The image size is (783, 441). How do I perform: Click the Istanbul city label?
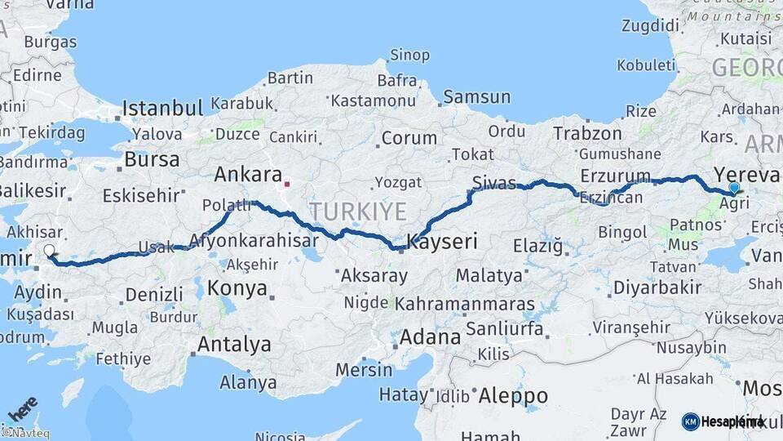(162, 108)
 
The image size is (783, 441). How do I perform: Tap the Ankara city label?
(247, 175)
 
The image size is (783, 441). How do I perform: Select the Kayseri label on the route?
(441, 242)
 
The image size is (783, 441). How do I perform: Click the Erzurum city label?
(616, 176)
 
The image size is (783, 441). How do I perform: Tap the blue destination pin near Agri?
(734, 189)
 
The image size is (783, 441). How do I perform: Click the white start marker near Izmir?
(49, 252)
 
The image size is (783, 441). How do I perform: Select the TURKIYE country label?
(357, 212)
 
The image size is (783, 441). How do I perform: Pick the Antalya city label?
(234, 345)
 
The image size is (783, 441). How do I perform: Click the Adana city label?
(430, 336)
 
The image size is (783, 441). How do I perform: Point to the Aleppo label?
(513, 396)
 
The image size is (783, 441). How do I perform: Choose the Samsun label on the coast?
(476, 97)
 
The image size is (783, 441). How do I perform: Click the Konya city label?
(237, 288)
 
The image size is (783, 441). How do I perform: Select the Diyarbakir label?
(657, 287)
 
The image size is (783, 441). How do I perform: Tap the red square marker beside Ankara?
(287, 184)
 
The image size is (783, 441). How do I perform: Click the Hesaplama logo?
(723, 421)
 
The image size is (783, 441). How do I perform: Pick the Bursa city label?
(152, 159)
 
